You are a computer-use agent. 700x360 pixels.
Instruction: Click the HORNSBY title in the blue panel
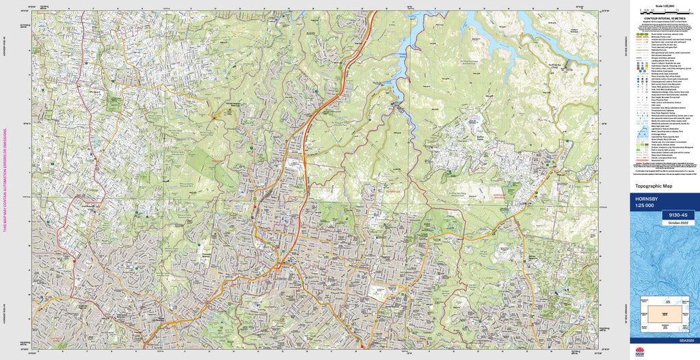coord(647,198)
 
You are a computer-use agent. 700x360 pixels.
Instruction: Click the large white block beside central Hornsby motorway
coord(295,165)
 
